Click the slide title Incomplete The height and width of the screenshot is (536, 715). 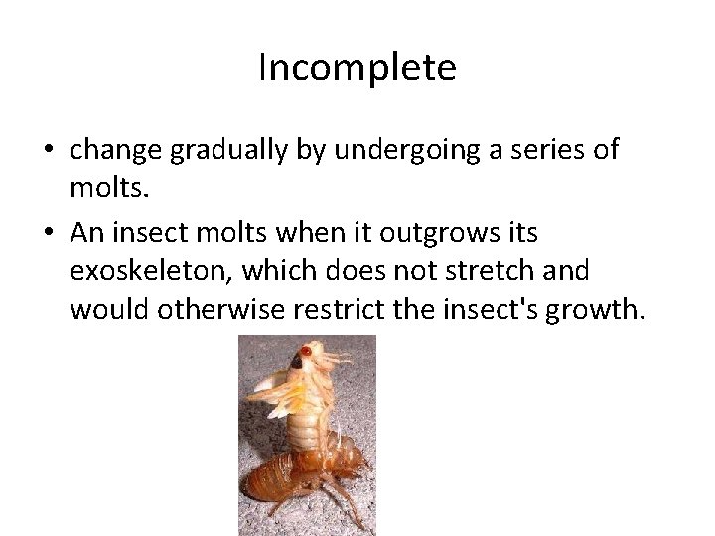(357, 67)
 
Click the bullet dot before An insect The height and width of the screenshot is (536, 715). (48, 232)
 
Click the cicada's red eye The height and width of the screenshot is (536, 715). (307, 351)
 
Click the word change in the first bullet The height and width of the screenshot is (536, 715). (116, 151)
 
